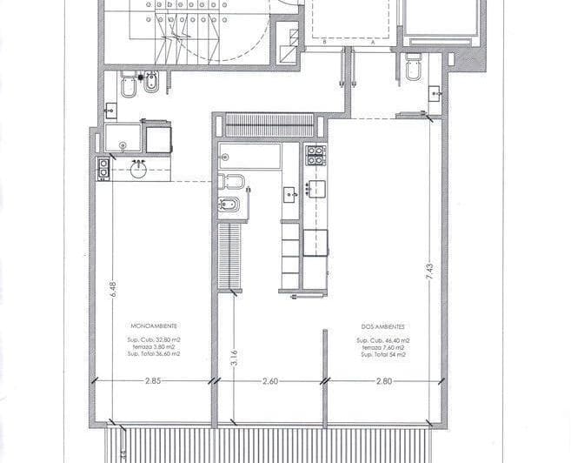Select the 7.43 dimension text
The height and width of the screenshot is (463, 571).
pos(428,272)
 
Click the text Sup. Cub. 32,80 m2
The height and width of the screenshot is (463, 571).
pos(153,339)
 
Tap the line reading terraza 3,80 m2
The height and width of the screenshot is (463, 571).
pos(153,346)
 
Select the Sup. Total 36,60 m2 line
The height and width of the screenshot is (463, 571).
pos(153,354)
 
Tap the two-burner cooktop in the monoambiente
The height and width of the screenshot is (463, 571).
pos(103,168)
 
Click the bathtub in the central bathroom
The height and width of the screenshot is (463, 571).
pos(249,157)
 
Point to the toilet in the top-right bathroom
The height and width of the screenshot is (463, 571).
pos(413,67)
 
